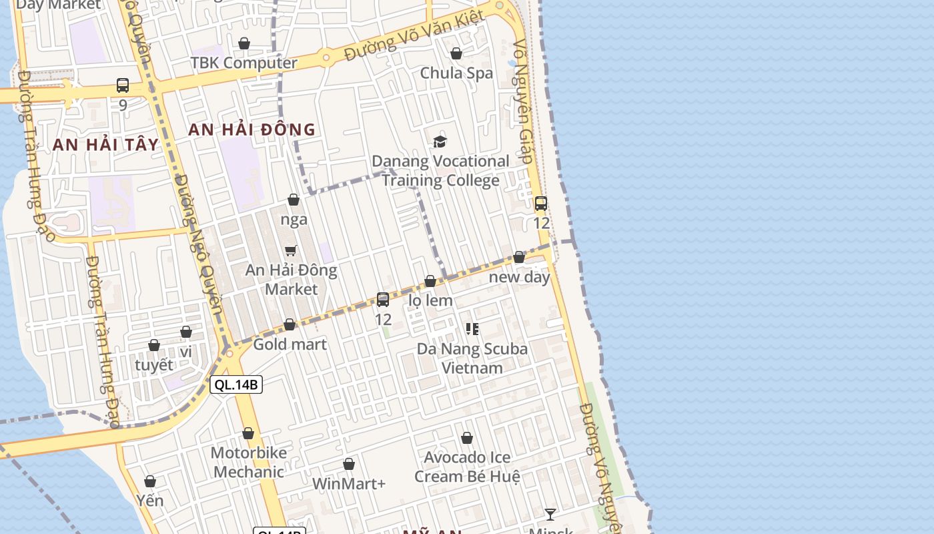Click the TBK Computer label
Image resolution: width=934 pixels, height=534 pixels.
(x=244, y=63)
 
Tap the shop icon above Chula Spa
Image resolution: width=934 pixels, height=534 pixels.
(x=456, y=53)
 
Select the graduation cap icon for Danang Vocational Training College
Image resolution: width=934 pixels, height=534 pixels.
(x=440, y=142)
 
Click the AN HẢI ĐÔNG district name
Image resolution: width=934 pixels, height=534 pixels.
(x=252, y=129)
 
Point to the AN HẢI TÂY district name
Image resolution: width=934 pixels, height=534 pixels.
(x=106, y=144)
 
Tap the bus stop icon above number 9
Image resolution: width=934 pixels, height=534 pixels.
(x=123, y=85)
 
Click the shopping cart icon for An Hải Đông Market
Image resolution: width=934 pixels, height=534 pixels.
(x=291, y=251)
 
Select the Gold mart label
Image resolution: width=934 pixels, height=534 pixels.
(x=290, y=344)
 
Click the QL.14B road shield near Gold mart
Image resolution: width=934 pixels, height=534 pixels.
(x=236, y=384)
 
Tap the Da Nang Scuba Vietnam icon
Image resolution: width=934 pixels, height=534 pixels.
(x=472, y=329)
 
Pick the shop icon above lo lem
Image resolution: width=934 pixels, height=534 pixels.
(x=430, y=282)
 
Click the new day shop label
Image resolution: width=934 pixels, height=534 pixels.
(x=519, y=276)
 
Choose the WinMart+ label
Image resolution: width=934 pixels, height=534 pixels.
(x=348, y=483)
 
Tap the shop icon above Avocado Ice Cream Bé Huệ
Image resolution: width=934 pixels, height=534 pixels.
(x=467, y=439)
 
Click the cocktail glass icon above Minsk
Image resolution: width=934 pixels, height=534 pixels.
(x=550, y=514)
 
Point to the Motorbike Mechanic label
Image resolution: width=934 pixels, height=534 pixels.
(x=248, y=462)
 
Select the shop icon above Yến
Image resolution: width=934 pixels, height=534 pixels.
(x=150, y=481)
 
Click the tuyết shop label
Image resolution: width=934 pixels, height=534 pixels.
(x=153, y=364)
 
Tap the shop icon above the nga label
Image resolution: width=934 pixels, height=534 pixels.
(x=294, y=200)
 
